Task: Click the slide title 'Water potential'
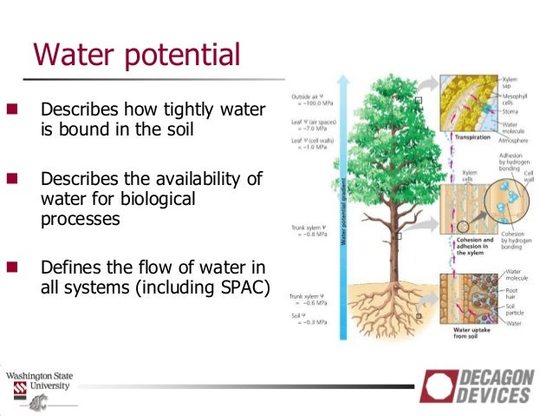[135, 55]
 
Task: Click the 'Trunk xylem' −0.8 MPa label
[309, 232]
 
